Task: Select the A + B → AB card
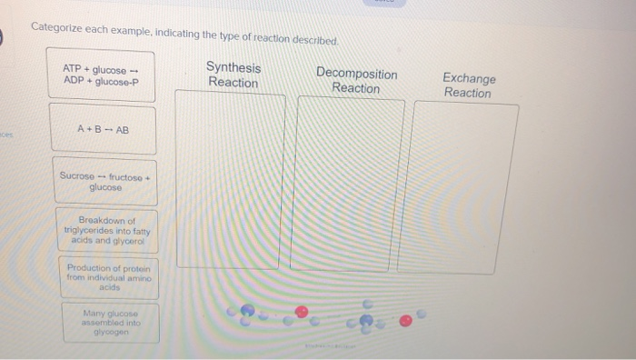click(x=103, y=129)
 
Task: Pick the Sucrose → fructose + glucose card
click(x=103, y=180)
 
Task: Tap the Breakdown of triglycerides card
click(x=106, y=231)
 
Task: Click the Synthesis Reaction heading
click(x=234, y=75)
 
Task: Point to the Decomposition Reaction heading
click(x=356, y=81)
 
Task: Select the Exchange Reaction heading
click(x=469, y=85)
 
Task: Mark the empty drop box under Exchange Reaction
click(x=465, y=187)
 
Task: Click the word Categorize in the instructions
click(x=57, y=26)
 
